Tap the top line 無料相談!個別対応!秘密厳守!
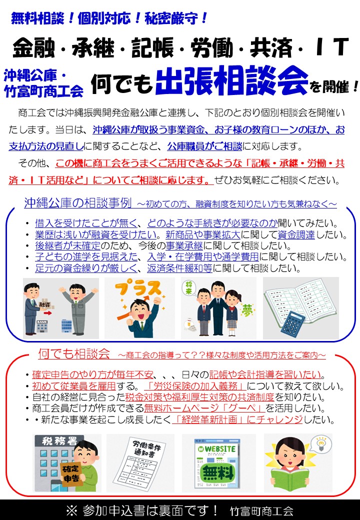(109, 18)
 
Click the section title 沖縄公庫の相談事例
(78, 202)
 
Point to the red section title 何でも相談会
(74, 354)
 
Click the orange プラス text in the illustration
(137, 289)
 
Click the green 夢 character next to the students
(246, 310)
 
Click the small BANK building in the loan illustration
(42, 326)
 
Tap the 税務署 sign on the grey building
(59, 441)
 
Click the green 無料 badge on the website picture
(218, 472)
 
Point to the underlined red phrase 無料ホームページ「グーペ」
(204, 408)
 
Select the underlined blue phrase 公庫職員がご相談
(204, 146)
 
